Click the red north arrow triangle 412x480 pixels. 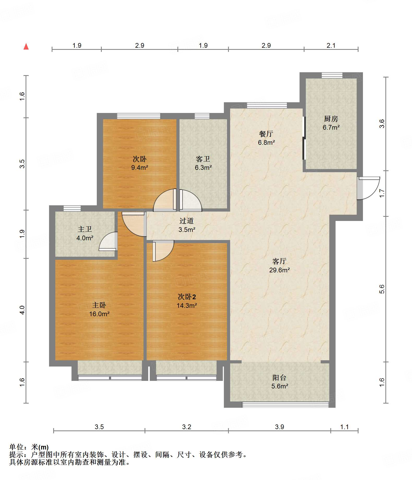pyautogui.click(x=26, y=46)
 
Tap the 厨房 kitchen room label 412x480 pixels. pyautogui.click(x=331, y=119)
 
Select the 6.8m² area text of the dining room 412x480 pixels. pyautogui.click(x=266, y=142)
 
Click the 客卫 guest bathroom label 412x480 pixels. pyautogui.click(x=203, y=159)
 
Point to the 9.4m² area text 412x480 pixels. pyautogui.click(x=140, y=167)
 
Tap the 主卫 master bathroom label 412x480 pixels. pyautogui.click(x=85, y=229)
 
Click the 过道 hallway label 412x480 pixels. pyautogui.click(x=187, y=221)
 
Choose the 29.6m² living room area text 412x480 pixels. pyautogui.click(x=279, y=270)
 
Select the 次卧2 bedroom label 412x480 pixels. pyautogui.click(x=187, y=297)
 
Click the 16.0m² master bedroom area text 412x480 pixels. pyautogui.click(x=99, y=314)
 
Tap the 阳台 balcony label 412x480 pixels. pyautogui.click(x=279, y=377)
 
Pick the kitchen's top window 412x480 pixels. pyautogui.click(x=332, y=75)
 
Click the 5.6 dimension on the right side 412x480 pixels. pyautogui.click(x=381, y=289)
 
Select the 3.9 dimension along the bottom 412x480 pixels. pyautogui.click(x=279, y=427)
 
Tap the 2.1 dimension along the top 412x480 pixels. pyautogui.click(x=331, y=45)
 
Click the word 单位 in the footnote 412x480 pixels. pyautogui.click(x=16, y=447)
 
